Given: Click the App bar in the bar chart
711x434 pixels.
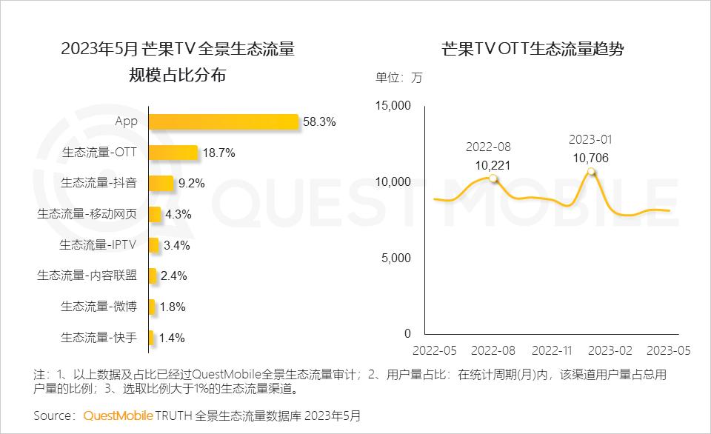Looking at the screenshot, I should [x=223, y=121].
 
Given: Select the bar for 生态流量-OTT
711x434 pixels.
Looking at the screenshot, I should [x=173, y=153].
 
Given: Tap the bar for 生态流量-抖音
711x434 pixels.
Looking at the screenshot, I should [x=161, y=183].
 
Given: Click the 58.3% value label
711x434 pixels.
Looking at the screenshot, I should [x=319, y=121].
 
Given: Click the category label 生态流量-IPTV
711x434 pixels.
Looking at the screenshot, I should [x=99, y=244].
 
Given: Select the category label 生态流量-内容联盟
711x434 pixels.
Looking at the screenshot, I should [x=87, y=276].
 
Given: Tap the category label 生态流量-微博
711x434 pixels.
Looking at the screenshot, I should [x=99, y=307].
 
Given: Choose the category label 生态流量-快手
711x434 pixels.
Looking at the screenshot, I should [x=99, y=338].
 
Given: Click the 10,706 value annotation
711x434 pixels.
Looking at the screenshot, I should [x=591, y=157].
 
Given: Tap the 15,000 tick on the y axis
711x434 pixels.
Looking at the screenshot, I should [x=393, y=106].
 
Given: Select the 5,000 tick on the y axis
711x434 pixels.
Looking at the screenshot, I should [x=396, y=258].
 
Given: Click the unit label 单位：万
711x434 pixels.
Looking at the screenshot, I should [x=398, y=78].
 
